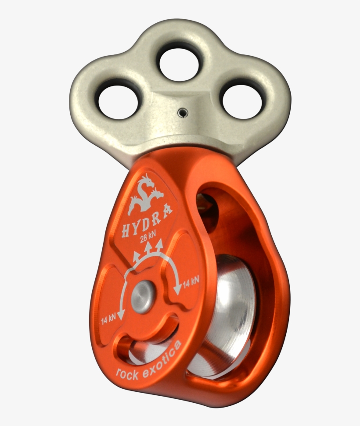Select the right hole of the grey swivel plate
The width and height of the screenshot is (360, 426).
pyautogui.click(x=242, y=101)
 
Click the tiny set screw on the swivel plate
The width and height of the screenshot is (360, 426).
pyautogui.click(x=181, y=114)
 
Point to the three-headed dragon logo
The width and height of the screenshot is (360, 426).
pyautogui.click(x=145, y=195)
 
